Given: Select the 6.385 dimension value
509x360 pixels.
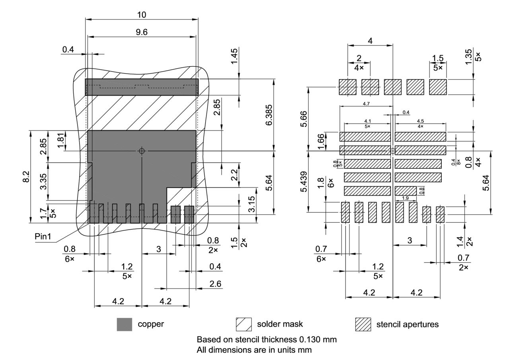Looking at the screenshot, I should point(269,115).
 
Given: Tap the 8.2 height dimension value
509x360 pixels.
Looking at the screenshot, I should point(25,176).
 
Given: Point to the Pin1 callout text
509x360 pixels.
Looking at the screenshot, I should point(43,236).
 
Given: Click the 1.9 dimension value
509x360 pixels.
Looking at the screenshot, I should point(405,198).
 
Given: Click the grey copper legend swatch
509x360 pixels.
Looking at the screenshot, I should point(124,324).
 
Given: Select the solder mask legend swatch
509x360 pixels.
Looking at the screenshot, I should point(243,324).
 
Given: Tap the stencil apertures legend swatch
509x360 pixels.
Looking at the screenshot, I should point(363,324).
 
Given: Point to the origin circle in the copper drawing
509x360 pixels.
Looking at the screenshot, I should point(142,151).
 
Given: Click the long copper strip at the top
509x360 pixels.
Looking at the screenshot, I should point(142,87).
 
